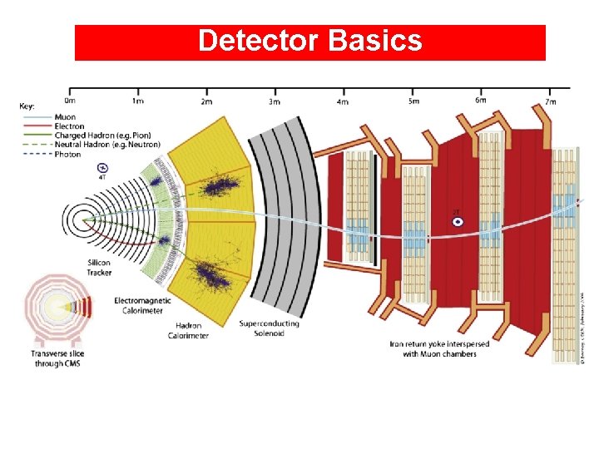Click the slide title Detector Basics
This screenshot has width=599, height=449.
pyautogui.click(x=309, y=41)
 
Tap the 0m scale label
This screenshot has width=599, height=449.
pyautogui.click(x=71, y=101)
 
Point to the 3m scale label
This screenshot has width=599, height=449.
pyautogui.click(x=275, y=101)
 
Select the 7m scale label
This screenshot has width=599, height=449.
pyautogui.click(x=550, y=101)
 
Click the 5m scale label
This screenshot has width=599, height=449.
pyautogui.click(x=413, y=101)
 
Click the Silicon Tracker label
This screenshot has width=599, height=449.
pyautogui.click(x=100, y=268)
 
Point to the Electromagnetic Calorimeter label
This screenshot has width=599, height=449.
pyautogui.click(x=143, y=305)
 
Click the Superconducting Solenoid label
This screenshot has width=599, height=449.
pyautogui.click(x=269, y=328)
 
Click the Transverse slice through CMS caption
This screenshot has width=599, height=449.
pyautogui.click(x=58, y=358)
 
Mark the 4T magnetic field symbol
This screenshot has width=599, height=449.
pyautogui.click(x=102, y=168)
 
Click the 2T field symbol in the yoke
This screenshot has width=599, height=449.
pyautogui.click(x=456, y=220)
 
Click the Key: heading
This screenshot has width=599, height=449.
pyautogui.click(x=28, y=106)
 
